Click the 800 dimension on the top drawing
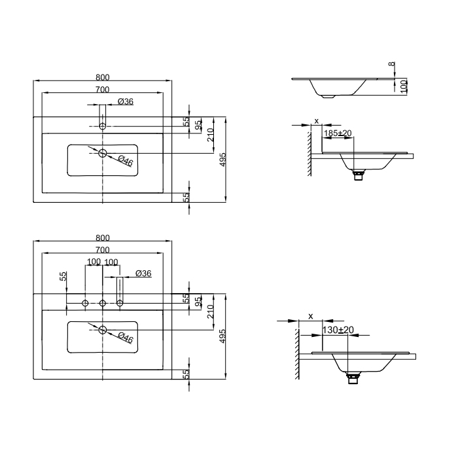102,77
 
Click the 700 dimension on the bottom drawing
102,250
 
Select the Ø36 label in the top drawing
126,101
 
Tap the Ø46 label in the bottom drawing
126,338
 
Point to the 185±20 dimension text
338,133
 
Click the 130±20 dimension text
338,330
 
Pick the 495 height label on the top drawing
222,160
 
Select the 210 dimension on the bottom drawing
210,312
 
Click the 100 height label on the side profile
404,86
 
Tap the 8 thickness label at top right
391,64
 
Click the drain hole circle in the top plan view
103,153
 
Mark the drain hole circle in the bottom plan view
103,330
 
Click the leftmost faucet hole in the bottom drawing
86,302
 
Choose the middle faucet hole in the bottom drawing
103,302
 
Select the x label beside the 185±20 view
317,120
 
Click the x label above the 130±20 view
311,316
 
